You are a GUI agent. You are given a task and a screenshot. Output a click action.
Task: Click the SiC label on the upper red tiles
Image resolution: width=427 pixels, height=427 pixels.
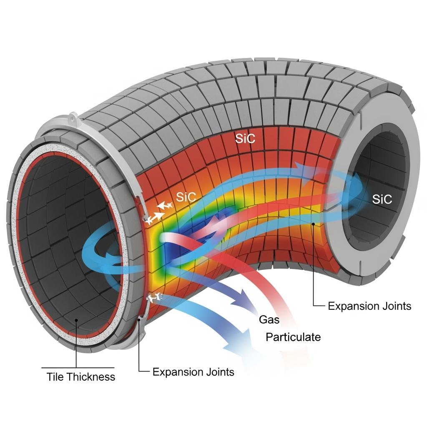245,139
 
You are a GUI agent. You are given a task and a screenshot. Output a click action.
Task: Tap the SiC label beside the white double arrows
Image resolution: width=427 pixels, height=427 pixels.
186,197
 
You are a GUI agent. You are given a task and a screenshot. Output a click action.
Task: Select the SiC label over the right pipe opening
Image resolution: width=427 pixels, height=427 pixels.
382,199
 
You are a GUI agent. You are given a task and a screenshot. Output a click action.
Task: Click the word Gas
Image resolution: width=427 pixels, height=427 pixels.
269,320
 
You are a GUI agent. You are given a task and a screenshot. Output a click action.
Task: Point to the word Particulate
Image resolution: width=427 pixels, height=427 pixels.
293,337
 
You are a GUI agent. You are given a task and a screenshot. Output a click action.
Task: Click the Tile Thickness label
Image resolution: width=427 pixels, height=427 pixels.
80,377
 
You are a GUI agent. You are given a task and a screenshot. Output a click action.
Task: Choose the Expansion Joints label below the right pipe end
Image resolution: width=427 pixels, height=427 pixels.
369,306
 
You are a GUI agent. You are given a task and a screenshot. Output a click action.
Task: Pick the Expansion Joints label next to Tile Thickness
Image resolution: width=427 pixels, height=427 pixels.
193,372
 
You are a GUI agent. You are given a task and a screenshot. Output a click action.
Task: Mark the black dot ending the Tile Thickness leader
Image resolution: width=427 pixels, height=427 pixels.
77,320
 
